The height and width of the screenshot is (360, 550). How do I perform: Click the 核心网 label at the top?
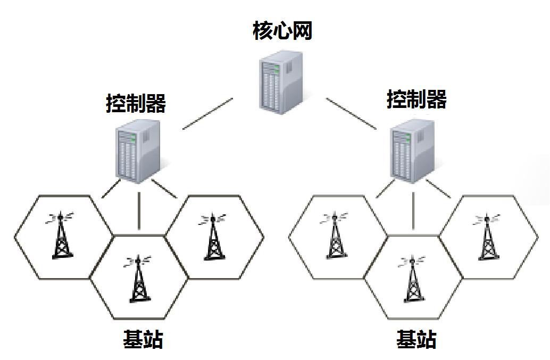click(x=281, y=31)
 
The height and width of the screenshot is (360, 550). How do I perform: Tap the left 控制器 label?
click(x=136, y=103)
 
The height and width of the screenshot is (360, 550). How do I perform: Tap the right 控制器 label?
click(x=416, y=99)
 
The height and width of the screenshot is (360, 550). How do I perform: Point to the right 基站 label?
click(x=416, y=339)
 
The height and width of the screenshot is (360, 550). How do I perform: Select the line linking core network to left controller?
click(x=207, y=113)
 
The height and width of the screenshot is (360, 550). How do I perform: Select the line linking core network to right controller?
click(x=351, y=113)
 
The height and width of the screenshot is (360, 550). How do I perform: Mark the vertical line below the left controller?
click(x=139, y=211)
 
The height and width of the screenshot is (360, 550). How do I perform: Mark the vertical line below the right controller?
click(x=413, y=211)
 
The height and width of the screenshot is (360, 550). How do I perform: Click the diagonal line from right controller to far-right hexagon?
click(x=438, y=189)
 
